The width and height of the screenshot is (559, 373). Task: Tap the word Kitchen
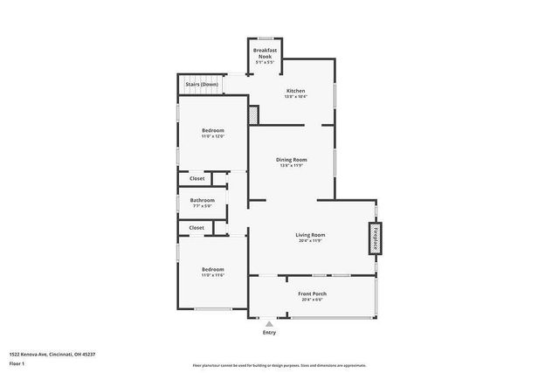(x=295, y=91)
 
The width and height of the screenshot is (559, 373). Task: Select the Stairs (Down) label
(x=203, y=84)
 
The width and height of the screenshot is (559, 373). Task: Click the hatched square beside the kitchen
(x=254, y=114)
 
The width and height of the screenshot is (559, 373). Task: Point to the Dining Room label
(x=291, y=159)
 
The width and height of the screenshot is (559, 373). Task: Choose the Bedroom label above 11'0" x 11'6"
(x=213, y=268)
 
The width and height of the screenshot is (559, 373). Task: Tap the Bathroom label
(x=202, y=200)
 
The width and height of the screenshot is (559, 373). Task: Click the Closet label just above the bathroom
(x=197, y=178)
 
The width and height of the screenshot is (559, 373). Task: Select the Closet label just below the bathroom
(x=197, y=227)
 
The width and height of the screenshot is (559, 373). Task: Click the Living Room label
(x=310, y=234)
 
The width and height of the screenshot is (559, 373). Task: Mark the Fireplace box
(x=376, y=238)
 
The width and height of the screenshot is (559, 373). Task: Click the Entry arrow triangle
(x=269, y=323)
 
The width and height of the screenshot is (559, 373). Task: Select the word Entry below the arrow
(x=269, y=332)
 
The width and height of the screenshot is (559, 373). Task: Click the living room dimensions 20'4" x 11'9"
(x=310, y=241)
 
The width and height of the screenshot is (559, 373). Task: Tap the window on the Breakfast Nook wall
(x=265, y=38)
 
